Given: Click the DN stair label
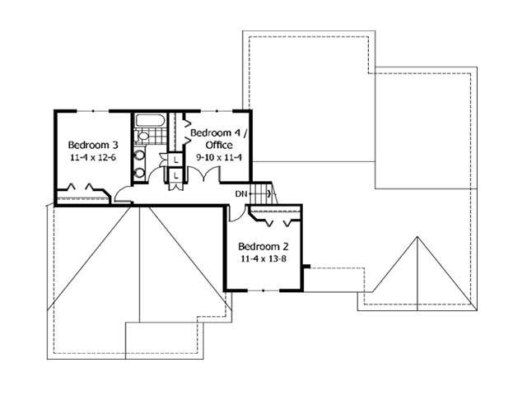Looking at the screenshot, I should (240, 194).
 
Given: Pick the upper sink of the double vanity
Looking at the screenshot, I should (140, 155).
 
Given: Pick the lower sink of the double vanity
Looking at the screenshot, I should (140, 172).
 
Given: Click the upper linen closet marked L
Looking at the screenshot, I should (175, 159).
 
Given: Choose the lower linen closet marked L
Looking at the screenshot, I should (175, 175).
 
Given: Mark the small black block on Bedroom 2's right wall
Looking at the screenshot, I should (305, 267).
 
